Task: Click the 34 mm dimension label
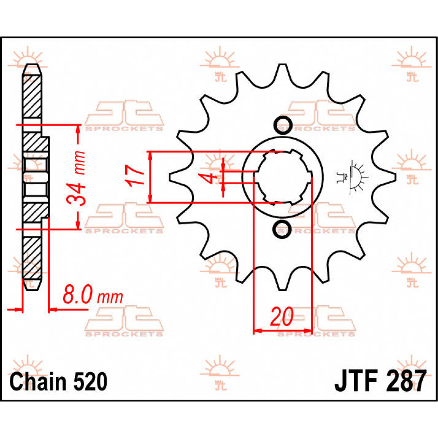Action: coord(77,178)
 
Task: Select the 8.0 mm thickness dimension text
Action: coord(93,296)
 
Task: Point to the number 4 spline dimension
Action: coord(209,178)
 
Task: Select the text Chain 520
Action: coord(58,382)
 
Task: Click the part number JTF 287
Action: coord(380,381)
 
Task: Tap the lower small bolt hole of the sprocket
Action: coord(282,229)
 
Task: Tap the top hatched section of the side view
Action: coord(32,96)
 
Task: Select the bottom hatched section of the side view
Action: coord(32,257)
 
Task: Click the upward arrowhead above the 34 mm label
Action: coord(77,129)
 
